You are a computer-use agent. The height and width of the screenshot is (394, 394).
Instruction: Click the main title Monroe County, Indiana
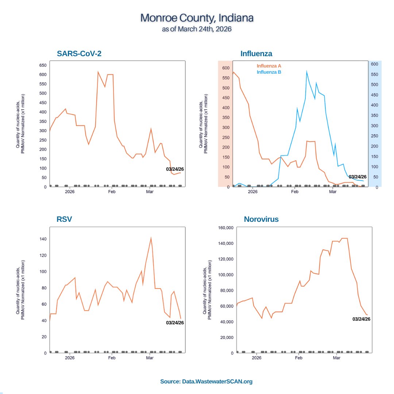(197, 18)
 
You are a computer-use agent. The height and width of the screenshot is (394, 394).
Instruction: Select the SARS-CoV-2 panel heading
(79, 54)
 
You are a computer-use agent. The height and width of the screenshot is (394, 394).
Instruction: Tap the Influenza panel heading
(256, 54)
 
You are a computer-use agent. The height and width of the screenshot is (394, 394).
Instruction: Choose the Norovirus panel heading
(261, 219)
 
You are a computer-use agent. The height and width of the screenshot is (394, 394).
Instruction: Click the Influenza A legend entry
(269, 66)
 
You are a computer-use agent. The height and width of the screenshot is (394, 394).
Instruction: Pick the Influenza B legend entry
(269, 72)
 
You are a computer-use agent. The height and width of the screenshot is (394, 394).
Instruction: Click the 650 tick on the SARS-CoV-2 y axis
(43, 65)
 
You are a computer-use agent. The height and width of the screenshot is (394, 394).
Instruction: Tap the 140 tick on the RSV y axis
(43, 239)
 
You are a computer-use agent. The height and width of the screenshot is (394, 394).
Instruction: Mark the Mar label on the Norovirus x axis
(337, 358)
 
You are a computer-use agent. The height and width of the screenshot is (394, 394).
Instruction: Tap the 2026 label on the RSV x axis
(70, 358)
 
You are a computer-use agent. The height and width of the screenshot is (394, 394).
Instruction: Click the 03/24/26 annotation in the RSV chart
(175, 322)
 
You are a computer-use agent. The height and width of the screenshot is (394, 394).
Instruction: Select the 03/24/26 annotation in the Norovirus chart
(362, 319)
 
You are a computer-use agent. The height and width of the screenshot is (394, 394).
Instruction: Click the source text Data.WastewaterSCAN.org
(206, 382)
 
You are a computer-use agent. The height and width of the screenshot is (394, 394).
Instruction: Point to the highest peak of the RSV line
(151, 238)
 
